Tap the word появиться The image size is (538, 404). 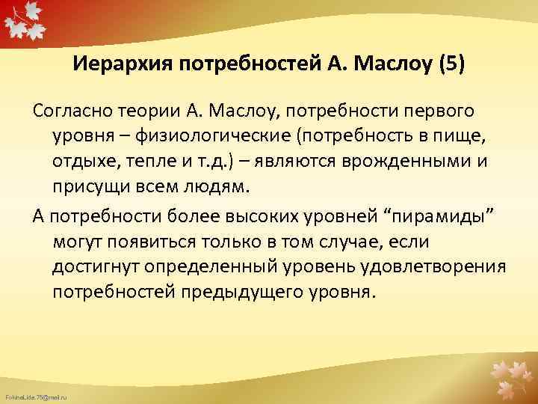pyautogui.click(x=162, y=241)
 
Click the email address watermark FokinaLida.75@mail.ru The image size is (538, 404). pyautogui.click(x=35, y=394)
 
